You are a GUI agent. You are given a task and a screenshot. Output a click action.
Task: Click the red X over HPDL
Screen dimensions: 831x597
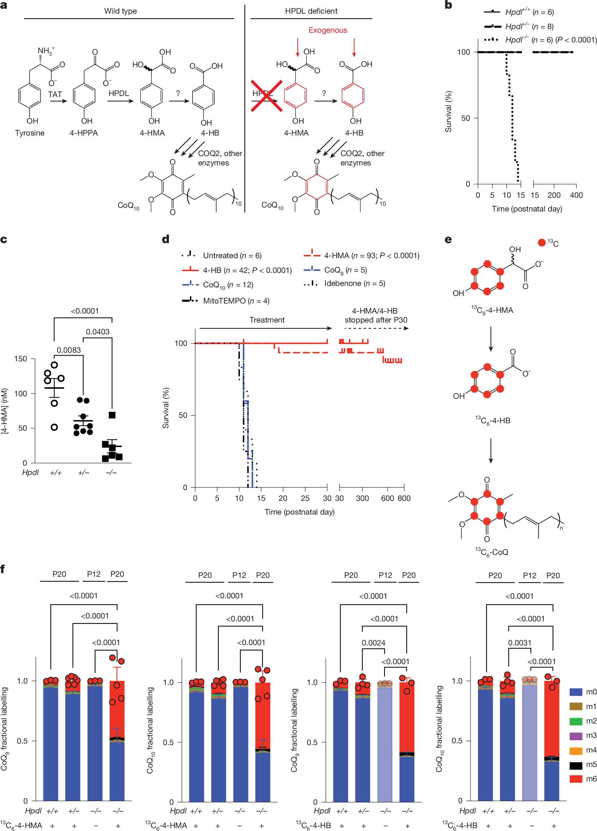coord(266,96)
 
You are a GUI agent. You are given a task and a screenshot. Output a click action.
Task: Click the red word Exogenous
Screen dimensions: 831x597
coord(328,30)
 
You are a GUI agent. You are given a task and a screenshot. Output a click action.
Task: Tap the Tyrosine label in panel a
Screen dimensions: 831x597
coord(30,133)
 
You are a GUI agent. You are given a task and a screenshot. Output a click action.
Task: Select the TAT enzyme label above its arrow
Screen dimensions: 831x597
coord(55,94)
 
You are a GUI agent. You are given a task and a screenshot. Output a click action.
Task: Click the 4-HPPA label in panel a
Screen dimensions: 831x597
coord(83,133)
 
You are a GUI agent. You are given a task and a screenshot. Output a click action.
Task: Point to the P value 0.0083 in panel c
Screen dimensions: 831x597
coord(69,350)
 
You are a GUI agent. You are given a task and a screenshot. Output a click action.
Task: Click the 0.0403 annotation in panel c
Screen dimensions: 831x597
coord(97,332)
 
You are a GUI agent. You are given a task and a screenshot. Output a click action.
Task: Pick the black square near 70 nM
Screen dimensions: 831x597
coord(112,415)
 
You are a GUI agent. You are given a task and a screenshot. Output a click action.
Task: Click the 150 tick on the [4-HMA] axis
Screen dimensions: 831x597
coord(21,359)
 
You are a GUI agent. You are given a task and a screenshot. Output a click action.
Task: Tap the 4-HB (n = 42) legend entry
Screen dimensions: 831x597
coord(247,270)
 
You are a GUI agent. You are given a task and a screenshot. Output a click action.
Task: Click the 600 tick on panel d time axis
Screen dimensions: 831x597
coord(387,498)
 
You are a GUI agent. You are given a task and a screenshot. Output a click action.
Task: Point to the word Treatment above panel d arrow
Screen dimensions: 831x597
coord(267,320)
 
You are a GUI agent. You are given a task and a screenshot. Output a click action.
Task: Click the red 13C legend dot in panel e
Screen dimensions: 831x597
coord(542,243)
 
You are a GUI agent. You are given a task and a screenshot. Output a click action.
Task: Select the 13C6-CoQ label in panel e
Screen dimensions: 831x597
coord(492,552)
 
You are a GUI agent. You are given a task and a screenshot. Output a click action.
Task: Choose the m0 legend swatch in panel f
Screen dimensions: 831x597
coord(576,692)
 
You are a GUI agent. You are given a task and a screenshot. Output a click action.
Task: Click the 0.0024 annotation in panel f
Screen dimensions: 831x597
coord(373,643)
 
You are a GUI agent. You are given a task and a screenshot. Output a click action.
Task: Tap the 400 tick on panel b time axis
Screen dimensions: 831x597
coord(576,195)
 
